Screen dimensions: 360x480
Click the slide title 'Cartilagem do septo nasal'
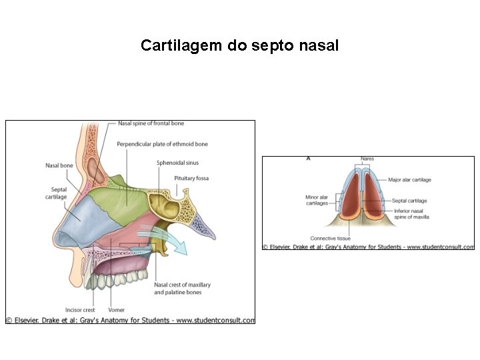(239, 46)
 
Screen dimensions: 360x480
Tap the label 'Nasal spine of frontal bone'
(151, 123)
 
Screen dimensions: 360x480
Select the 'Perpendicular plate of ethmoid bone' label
(162, 144)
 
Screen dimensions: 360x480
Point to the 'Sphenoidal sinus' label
(177, 163)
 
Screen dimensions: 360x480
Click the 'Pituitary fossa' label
(191, 179)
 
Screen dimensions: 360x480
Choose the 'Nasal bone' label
(59, 165)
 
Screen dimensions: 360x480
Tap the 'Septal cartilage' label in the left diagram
(56, 193)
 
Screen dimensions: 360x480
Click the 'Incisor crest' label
(80, 310)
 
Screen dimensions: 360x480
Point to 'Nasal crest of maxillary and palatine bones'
(182, 289)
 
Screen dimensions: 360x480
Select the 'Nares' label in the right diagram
(367, 159)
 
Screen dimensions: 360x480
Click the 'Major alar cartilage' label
(409, 180)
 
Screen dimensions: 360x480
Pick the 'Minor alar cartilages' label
(317, 200)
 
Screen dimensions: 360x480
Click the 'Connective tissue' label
(330, 239)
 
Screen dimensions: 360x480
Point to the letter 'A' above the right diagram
(308, 159)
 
